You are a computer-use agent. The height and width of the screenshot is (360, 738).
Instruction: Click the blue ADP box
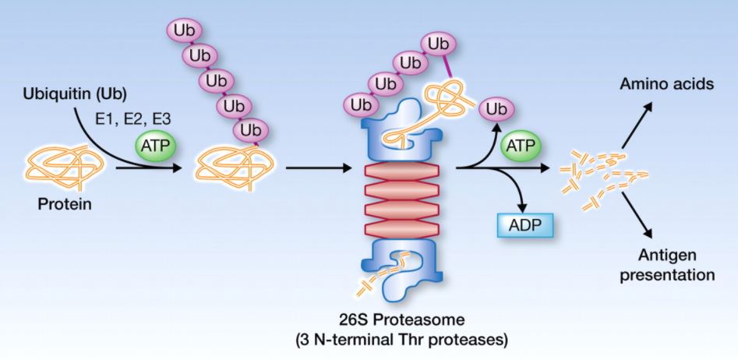pyautogui.click(x=525, y=226)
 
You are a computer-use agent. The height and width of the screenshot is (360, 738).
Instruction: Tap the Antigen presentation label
pyautogui.click(x=674, y=265)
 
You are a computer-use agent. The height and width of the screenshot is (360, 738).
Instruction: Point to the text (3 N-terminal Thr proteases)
pyautogui.click(x=408, y=341)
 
